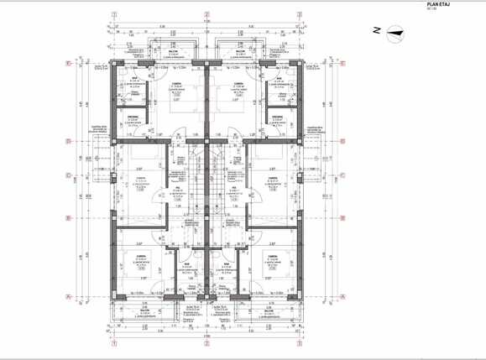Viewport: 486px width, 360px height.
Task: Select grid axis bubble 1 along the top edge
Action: coord(113,14)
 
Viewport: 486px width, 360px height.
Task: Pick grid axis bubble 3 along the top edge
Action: coord(299,14)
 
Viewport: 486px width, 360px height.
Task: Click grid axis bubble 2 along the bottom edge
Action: coord(206,343)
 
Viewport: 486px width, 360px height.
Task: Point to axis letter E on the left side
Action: coord(68,63)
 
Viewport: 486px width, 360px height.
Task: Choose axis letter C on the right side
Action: coord(344,175)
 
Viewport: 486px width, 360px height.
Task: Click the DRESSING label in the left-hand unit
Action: coord(134,117)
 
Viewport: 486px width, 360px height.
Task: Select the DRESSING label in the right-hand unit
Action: coord(279,117)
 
